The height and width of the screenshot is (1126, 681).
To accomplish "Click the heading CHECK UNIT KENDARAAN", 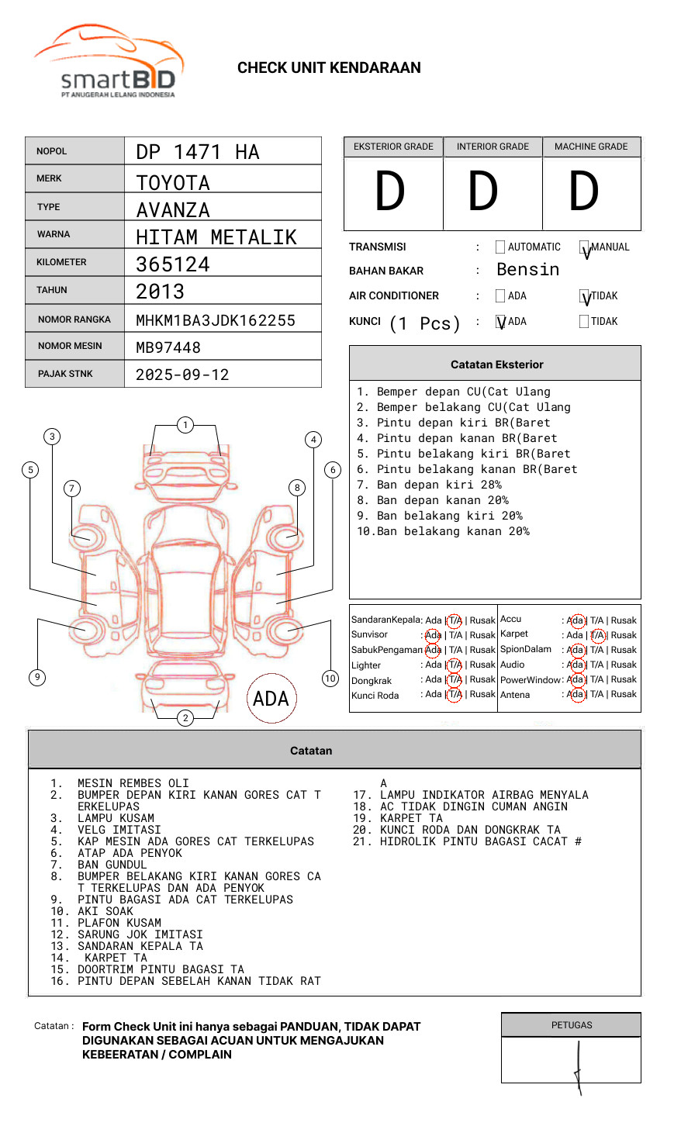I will [x=329, y=68].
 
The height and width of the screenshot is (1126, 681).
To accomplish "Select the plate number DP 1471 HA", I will [x=198, y=152].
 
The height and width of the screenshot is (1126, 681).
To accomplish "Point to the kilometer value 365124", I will [x=173, y=264].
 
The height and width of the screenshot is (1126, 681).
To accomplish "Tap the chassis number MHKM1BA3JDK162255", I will [x=216, y=320].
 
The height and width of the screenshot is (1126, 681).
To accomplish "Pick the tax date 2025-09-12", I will [x=182, y=375].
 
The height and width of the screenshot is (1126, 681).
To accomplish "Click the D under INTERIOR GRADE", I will [x=483, y=192].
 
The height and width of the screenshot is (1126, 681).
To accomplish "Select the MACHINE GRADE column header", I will [x=591, y=147].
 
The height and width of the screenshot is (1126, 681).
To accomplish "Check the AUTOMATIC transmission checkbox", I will [x=500, y=247].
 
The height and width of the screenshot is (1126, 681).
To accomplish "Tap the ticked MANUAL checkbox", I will [x=585, y=248].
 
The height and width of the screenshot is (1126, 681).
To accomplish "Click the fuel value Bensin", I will [x=527, y=270].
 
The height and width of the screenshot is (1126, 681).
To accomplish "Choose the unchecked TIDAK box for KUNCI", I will [x=584, y=322].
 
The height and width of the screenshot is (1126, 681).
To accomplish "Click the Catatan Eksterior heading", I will [x=496, y=364].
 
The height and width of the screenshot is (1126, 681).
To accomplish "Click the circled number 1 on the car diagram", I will [x=185, y=425].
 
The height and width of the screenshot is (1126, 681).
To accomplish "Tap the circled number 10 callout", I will [x=330, y=679].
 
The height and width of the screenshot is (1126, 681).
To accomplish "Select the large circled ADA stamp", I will [x=271, y=698].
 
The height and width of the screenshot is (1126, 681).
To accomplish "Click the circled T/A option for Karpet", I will [x=597, y=635].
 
